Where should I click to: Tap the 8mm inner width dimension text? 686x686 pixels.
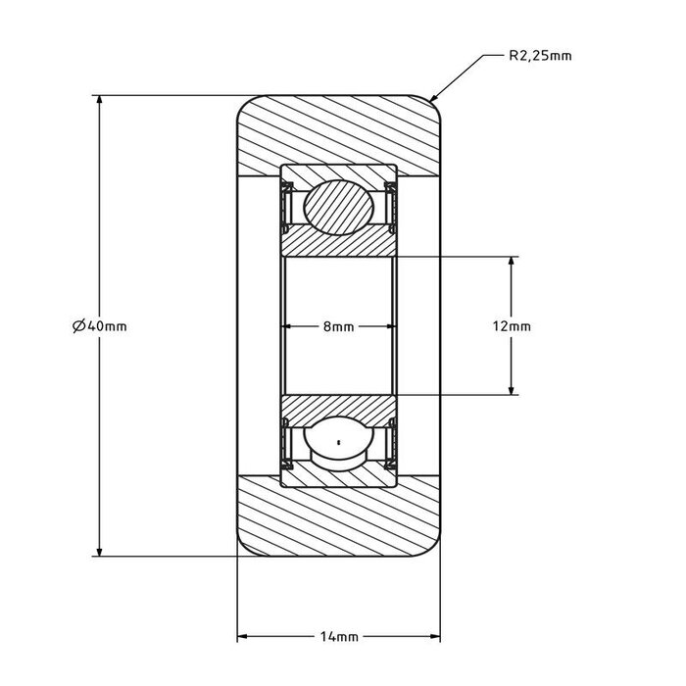coord(338,326)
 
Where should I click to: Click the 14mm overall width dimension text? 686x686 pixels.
coord(338,636)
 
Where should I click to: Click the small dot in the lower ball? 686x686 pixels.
coord(338,443)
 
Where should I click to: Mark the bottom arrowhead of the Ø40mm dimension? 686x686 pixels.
coord(99,550)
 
